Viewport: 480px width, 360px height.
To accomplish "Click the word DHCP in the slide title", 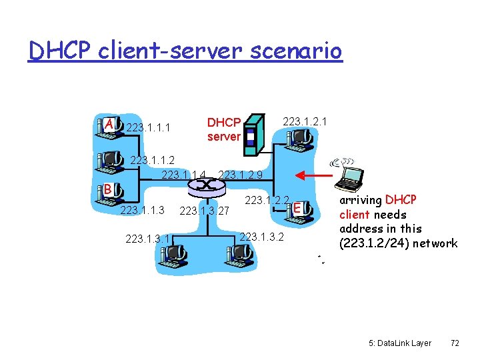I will click(59, 50).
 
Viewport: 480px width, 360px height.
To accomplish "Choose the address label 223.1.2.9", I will click(240, 175).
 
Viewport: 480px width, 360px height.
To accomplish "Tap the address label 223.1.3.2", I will click(261, 236).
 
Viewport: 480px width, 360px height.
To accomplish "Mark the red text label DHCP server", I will click(223, 129).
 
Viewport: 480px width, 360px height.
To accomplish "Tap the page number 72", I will click(455, 343).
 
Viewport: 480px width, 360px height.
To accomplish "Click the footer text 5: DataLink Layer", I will click(399, 343).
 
